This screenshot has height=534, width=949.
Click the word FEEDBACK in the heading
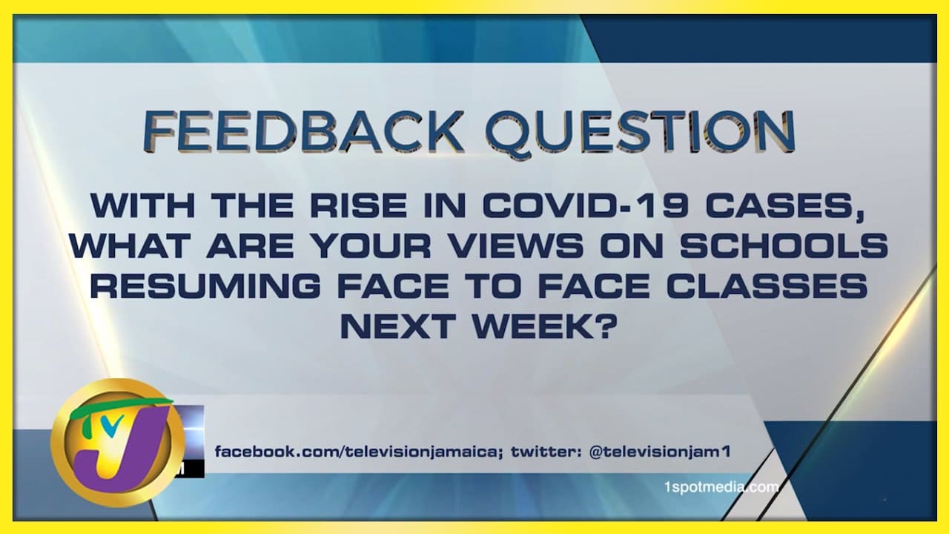(x=303, y=131)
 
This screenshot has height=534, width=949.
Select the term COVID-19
(x=586, y=205)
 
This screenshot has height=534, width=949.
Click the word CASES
(x=784, y=206)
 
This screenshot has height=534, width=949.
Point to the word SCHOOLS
(x=784, y=245)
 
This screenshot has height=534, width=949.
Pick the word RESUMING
(x=205, y=286)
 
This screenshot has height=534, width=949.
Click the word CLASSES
(x=767, y=286)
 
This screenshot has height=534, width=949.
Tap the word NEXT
(x=398, y=326)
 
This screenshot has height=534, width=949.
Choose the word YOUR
(x=373, y=245)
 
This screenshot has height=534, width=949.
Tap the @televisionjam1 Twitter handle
(x=660, y=452)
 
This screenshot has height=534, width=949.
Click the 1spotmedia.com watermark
(x=721, y=487)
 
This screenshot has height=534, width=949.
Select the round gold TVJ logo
(x=117, y=443)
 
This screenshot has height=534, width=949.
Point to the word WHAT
(x=130, y=245)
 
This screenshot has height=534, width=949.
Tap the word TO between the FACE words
(x=494, y=286)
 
